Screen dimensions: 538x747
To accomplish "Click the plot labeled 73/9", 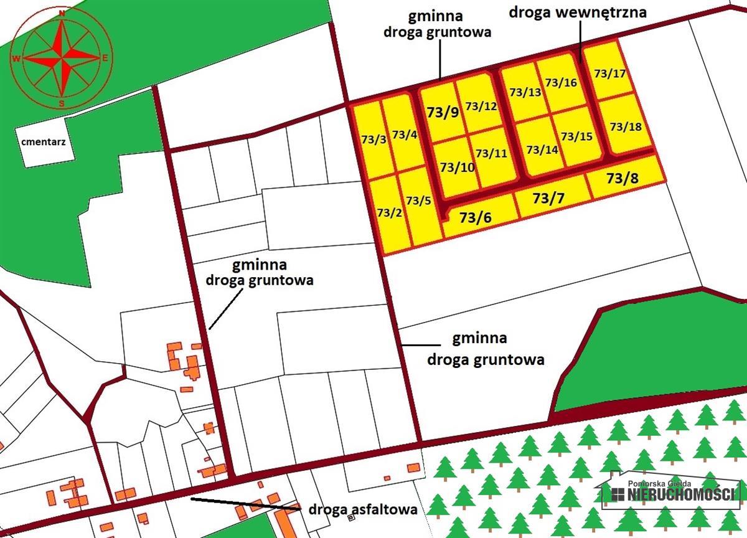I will tap(443, 112).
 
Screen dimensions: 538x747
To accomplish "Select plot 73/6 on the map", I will tap(476, 218).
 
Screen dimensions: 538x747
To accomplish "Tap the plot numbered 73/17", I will tap(609, 73).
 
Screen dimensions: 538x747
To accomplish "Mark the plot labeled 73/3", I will tap(374, 139).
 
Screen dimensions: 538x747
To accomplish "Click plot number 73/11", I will tap(491, 153).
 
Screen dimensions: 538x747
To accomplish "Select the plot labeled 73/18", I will tap(626, 126).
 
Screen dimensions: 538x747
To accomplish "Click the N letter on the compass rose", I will tap(62, 12).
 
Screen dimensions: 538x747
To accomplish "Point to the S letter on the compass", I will tap(62, 103).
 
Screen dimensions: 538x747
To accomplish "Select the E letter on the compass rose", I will tap(106, 59).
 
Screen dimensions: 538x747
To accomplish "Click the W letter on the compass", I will tap(16, 59).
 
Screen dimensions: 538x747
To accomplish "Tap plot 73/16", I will tap(561, 82).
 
